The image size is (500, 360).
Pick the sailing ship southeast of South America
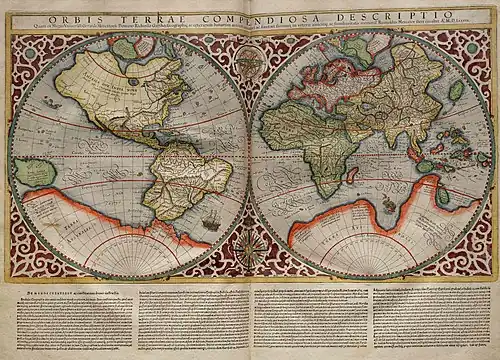click(211, 220)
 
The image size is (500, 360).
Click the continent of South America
click(180, 175)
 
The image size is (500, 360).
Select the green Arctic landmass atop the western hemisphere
click(125, 47)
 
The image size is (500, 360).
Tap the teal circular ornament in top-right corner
click(471, 47)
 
